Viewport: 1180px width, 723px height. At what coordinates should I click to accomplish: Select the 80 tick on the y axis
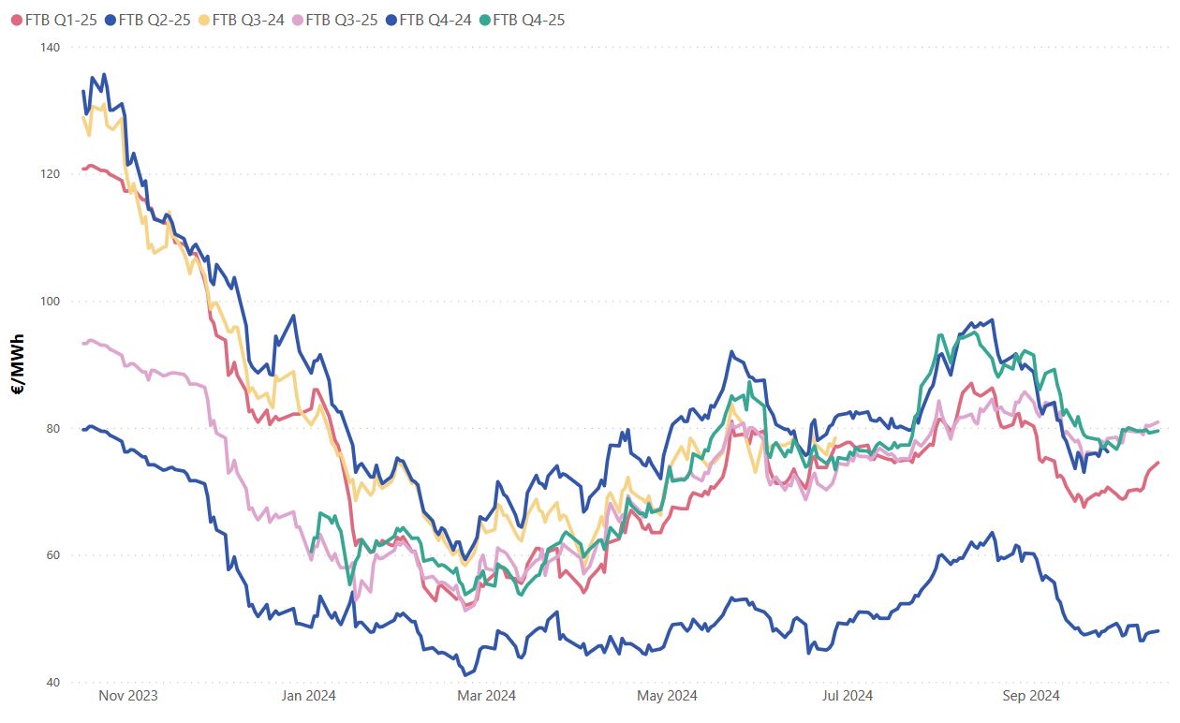coord(52,429)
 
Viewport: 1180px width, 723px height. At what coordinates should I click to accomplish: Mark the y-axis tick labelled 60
coord(52,555)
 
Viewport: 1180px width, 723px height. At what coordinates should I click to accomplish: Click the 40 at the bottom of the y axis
coord(52,683)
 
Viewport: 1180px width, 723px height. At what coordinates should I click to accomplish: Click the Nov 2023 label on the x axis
coord(128,696)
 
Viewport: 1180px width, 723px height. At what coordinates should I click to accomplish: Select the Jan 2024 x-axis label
coord(308,696)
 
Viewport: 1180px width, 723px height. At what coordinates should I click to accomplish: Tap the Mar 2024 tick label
coord(486,696)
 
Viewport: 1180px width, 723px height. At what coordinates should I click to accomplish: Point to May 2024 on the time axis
coord(667,696)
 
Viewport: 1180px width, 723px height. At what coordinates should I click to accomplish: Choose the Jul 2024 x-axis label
coord(847,696)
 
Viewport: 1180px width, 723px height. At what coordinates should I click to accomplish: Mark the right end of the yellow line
coord(834,437)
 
